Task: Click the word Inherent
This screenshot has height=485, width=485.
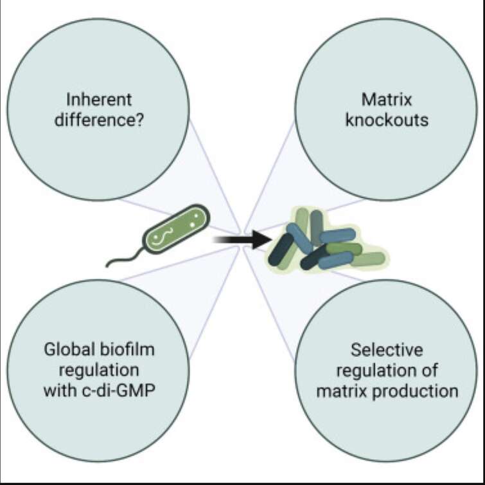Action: click(x=99, y=100)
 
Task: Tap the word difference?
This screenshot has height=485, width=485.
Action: click(x=99, y=120)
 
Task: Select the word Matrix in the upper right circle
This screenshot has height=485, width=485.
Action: click(x=387, y=100)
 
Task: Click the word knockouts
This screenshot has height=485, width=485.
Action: click(x=387, y=120)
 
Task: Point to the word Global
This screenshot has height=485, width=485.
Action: click(x=69, y=350)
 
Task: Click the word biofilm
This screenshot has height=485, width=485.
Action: click(x=127, y=350)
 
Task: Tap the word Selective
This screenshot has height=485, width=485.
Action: click(x=387, y=350)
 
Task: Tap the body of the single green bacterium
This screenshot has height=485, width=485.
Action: click(x=176, y=229)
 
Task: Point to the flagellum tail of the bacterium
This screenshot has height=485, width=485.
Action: click(x=125, y=257)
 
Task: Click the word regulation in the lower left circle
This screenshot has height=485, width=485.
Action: click(x=99, y=371)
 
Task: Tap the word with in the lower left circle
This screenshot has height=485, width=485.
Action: click(x=60, y=390)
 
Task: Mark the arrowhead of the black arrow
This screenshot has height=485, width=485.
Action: click(x=262, y=239)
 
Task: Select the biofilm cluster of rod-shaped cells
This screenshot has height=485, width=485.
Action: click(x=326, y=240)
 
